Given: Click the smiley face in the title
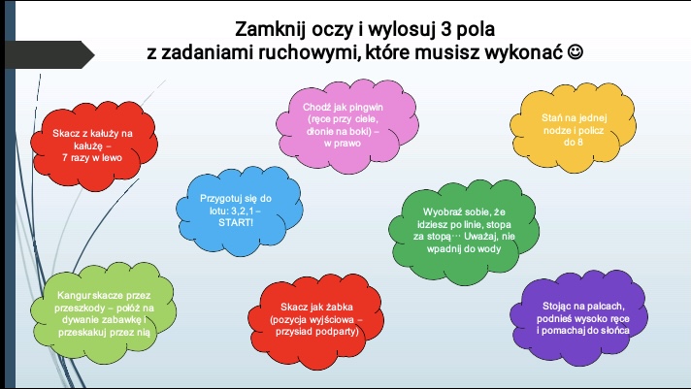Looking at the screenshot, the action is pyautogui.click(x=576, y=52).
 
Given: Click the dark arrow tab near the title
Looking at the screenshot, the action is pyautogui.click(x=49, y=54).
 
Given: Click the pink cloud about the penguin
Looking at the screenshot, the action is pyautogui.click(x=347, y=126).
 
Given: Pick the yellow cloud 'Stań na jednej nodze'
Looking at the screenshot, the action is pyautogui.click(x=573, y=128).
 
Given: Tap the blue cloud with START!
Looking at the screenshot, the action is pyautogui.click(x=240, y=211).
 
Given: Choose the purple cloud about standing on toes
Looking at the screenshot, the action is pyautogui.click(x=578, y=318).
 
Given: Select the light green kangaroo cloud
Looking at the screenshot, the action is pyautogui.click(x=103, y=313).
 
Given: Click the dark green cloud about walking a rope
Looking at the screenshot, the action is pyautogui.click(x=464, y=231).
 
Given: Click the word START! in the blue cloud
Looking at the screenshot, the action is pyautogui.click(x=236, y=222).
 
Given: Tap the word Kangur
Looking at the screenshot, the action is pyautogui.click(x=74, y=296).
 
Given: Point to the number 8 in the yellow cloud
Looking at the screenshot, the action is pyautogui.click(x=579, y=143).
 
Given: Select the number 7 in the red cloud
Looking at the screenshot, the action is pyautogui.click(x=65, y=158).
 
